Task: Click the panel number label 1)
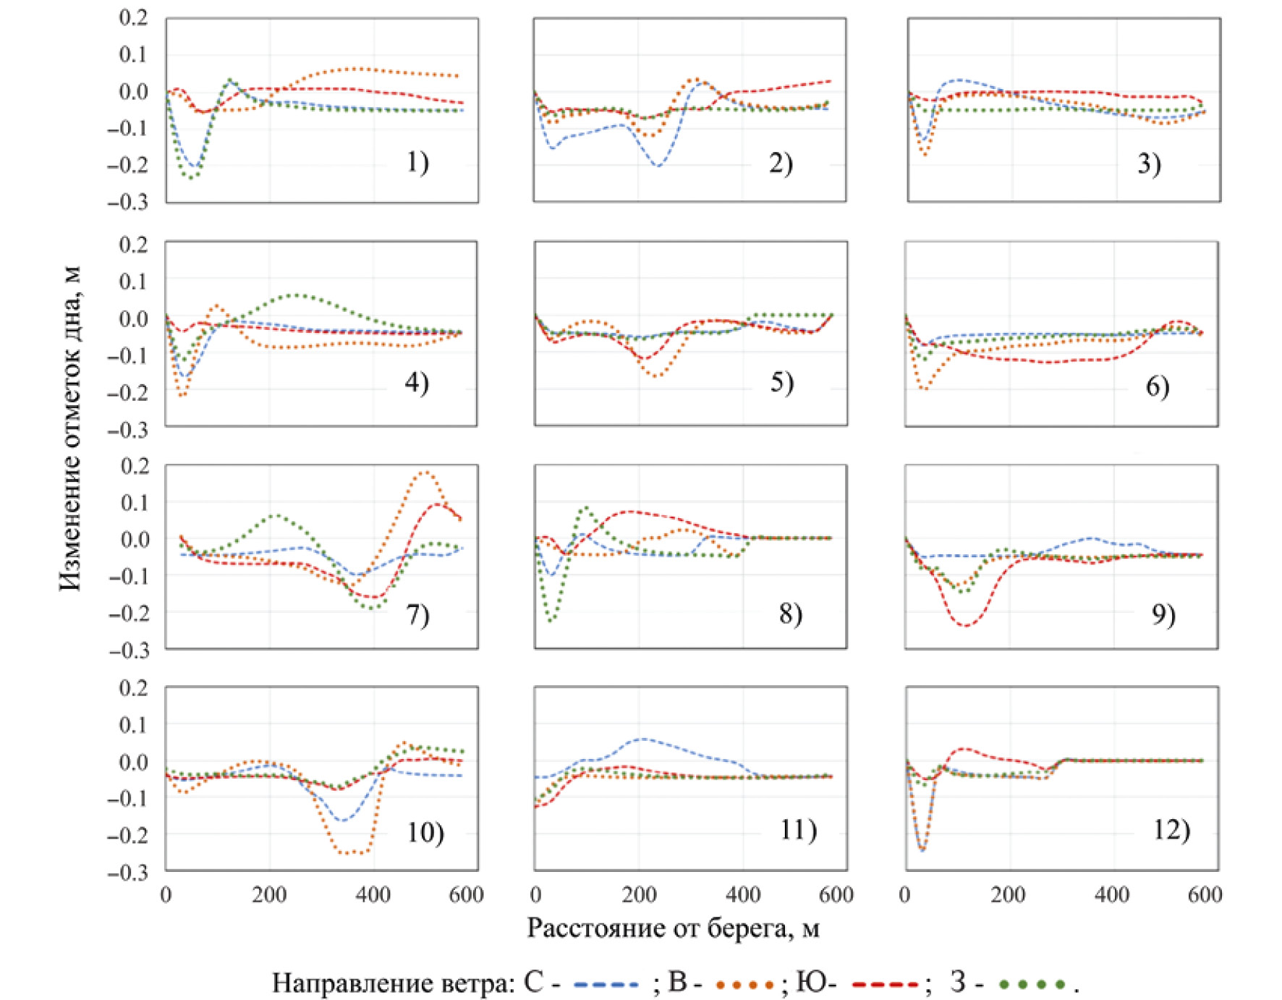tap(417, 162)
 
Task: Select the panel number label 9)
tap(1163, 614)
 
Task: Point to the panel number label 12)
tap(1171, 829)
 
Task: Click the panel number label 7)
tap(417, 614)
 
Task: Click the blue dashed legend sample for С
tap(606, 985)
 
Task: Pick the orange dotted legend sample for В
tap(744, 985)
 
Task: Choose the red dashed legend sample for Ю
tap(885, 985)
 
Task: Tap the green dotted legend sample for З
tap(1032, 985)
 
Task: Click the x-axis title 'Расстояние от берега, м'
tap(673, 928)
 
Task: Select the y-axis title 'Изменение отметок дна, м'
tap(70, 428)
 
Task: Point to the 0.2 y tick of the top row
tap(133, 17)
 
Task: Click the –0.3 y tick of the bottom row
tap(128, 873)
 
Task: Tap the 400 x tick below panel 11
tap(743, 895)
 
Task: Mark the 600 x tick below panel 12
tap(1205, 895)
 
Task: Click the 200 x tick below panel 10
tap(269, 895)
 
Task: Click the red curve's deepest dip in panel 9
tap(966, 625)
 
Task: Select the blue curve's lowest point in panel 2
tap(657, 166)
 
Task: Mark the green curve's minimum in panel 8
tap(551, 620)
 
